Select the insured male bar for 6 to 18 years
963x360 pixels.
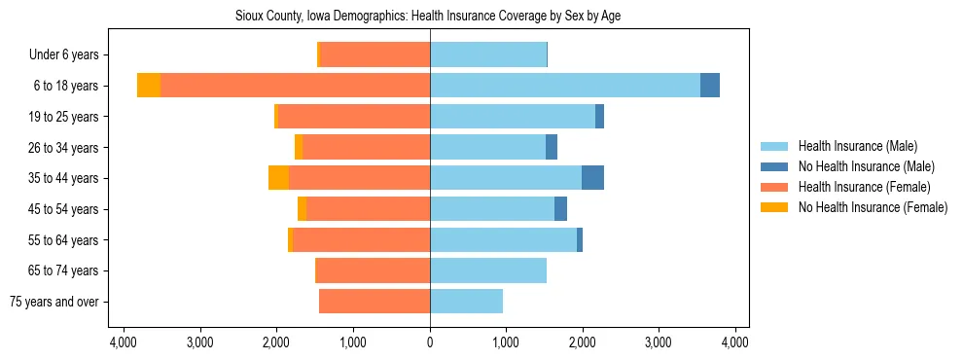[x=564, y=86]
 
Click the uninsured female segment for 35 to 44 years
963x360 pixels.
[x=278, y=178]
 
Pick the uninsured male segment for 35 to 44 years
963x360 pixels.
[x=592, y=178]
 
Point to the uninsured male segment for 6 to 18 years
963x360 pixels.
[x=710, y=86]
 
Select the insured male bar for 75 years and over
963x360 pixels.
[x=466, y=302]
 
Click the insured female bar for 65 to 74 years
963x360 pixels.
[x=374, y=270]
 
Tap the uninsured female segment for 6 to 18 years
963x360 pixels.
[x=149, y=86]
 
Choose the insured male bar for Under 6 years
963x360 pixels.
[x=488, y=54]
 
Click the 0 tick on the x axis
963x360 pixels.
[x=430, y=342]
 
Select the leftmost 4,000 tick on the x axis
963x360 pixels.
[x=124, y=342]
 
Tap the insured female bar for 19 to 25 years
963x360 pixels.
[x=354, y=117]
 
